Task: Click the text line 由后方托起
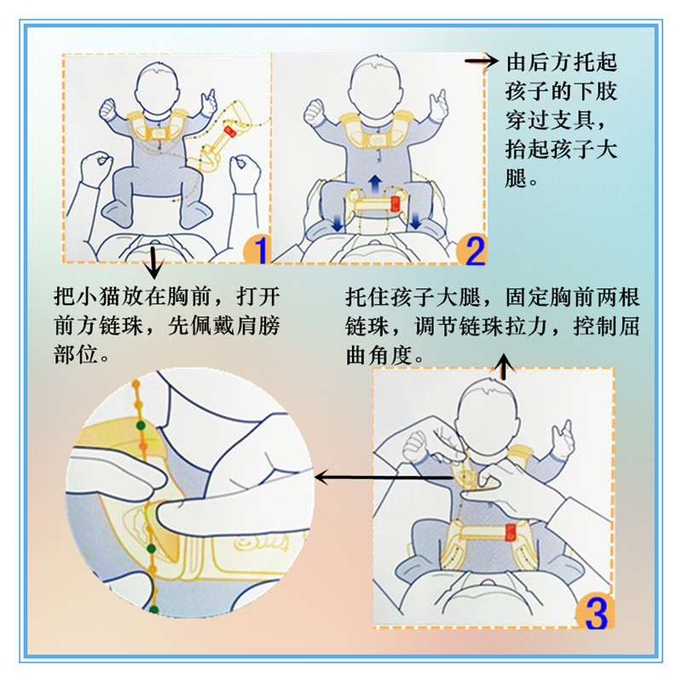(561, 62)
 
